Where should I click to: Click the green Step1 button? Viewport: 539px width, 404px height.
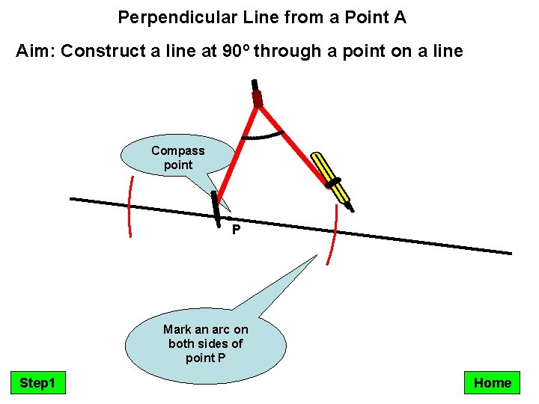click(37, 383)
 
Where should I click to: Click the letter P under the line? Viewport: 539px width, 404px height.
click(236, 230)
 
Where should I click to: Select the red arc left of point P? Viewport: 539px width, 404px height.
click(130, 206)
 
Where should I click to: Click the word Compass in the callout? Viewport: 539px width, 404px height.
click(177, 150)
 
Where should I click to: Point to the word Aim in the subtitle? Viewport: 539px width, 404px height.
click(34, 51)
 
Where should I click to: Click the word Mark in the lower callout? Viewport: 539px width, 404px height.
click(177, 329)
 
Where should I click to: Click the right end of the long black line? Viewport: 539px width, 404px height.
click(510, 253)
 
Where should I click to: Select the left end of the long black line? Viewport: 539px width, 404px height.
click(72, 198)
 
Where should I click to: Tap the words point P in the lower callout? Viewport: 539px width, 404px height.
click(206, 358)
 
